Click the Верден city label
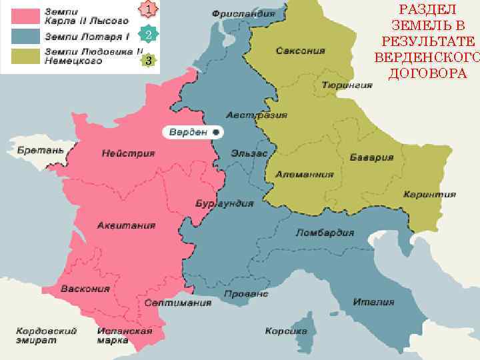point(188,131)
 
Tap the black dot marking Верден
point(217,132)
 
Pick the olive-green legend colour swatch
point(24,55)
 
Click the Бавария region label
point(371,158)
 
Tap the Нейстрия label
point(128,153)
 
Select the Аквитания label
point(127,225)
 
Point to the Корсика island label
point(286,331)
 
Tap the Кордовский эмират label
point(47,335)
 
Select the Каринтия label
point(429,195)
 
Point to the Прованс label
point(246,293)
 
